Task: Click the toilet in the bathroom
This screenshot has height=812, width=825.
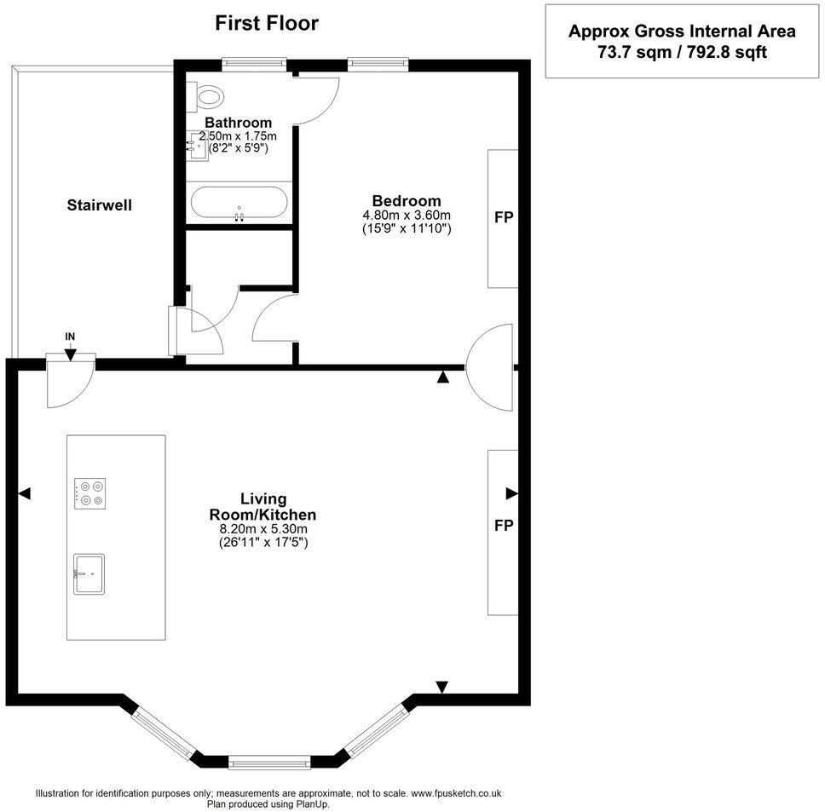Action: point(206,96)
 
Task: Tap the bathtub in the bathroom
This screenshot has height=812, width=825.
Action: point(239,203)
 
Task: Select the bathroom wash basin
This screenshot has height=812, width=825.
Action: point(198,147)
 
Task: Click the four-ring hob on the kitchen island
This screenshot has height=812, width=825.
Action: point(90,494)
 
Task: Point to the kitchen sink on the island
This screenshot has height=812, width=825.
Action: point(89,574)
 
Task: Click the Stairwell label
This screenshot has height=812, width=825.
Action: point(100,205)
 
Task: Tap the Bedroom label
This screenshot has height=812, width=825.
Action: point(407,201)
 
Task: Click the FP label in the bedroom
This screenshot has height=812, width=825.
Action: point(504,216)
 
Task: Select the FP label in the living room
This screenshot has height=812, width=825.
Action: point(504,526)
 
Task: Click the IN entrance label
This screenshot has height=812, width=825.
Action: point(70,337)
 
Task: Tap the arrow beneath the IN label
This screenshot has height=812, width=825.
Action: point(70,354)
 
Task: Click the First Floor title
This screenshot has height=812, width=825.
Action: point(267,23)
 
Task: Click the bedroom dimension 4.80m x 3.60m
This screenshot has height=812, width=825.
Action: point(407,215)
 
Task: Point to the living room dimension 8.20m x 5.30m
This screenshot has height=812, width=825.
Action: point(263,529)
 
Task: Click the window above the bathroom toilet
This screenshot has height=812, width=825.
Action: point(254,64)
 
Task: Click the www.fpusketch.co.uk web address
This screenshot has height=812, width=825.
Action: point(456,793)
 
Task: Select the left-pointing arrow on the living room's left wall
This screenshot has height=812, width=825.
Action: point(25,494)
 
